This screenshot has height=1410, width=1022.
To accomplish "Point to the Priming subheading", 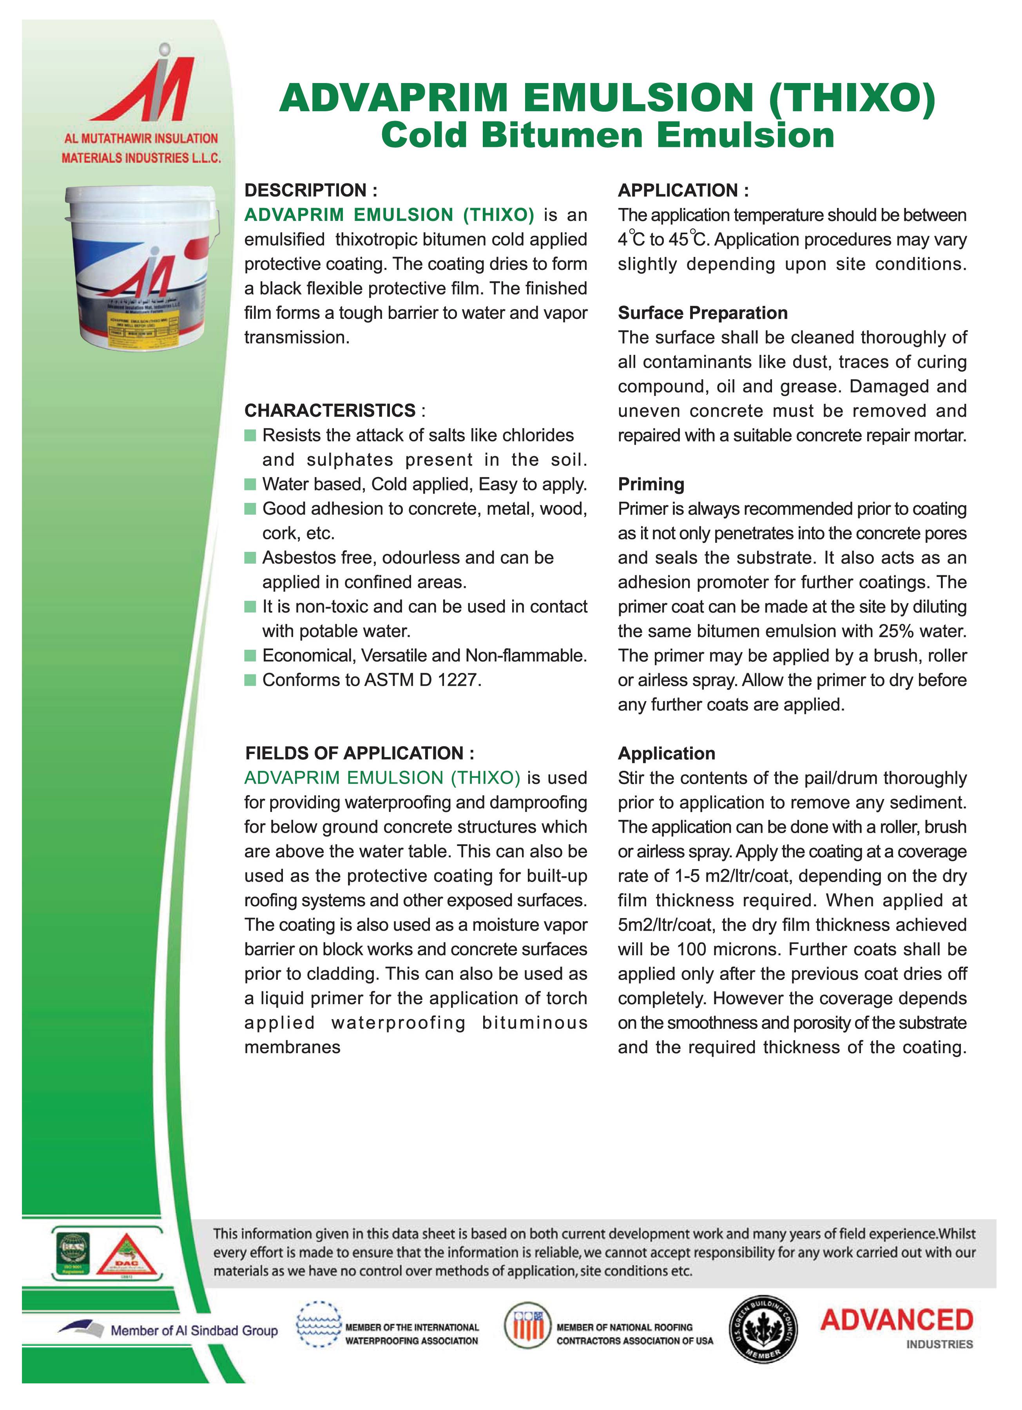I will click(651, 484).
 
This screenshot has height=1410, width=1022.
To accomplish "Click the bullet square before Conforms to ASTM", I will click(250, 680).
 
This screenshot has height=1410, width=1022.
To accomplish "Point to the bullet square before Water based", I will click(250, 484).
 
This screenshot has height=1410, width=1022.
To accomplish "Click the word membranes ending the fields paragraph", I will click(292, 1048).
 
